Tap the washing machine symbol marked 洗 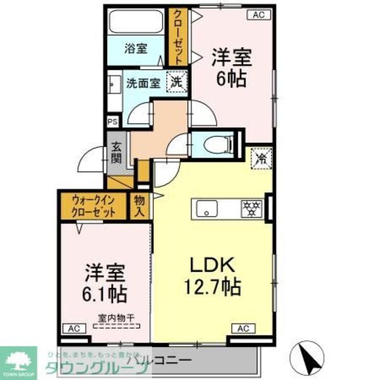click(177, 81)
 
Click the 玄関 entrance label click(118, 153)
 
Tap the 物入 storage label click(140, 206)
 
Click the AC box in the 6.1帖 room click(73, 329)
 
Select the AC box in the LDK click(243, 328)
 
